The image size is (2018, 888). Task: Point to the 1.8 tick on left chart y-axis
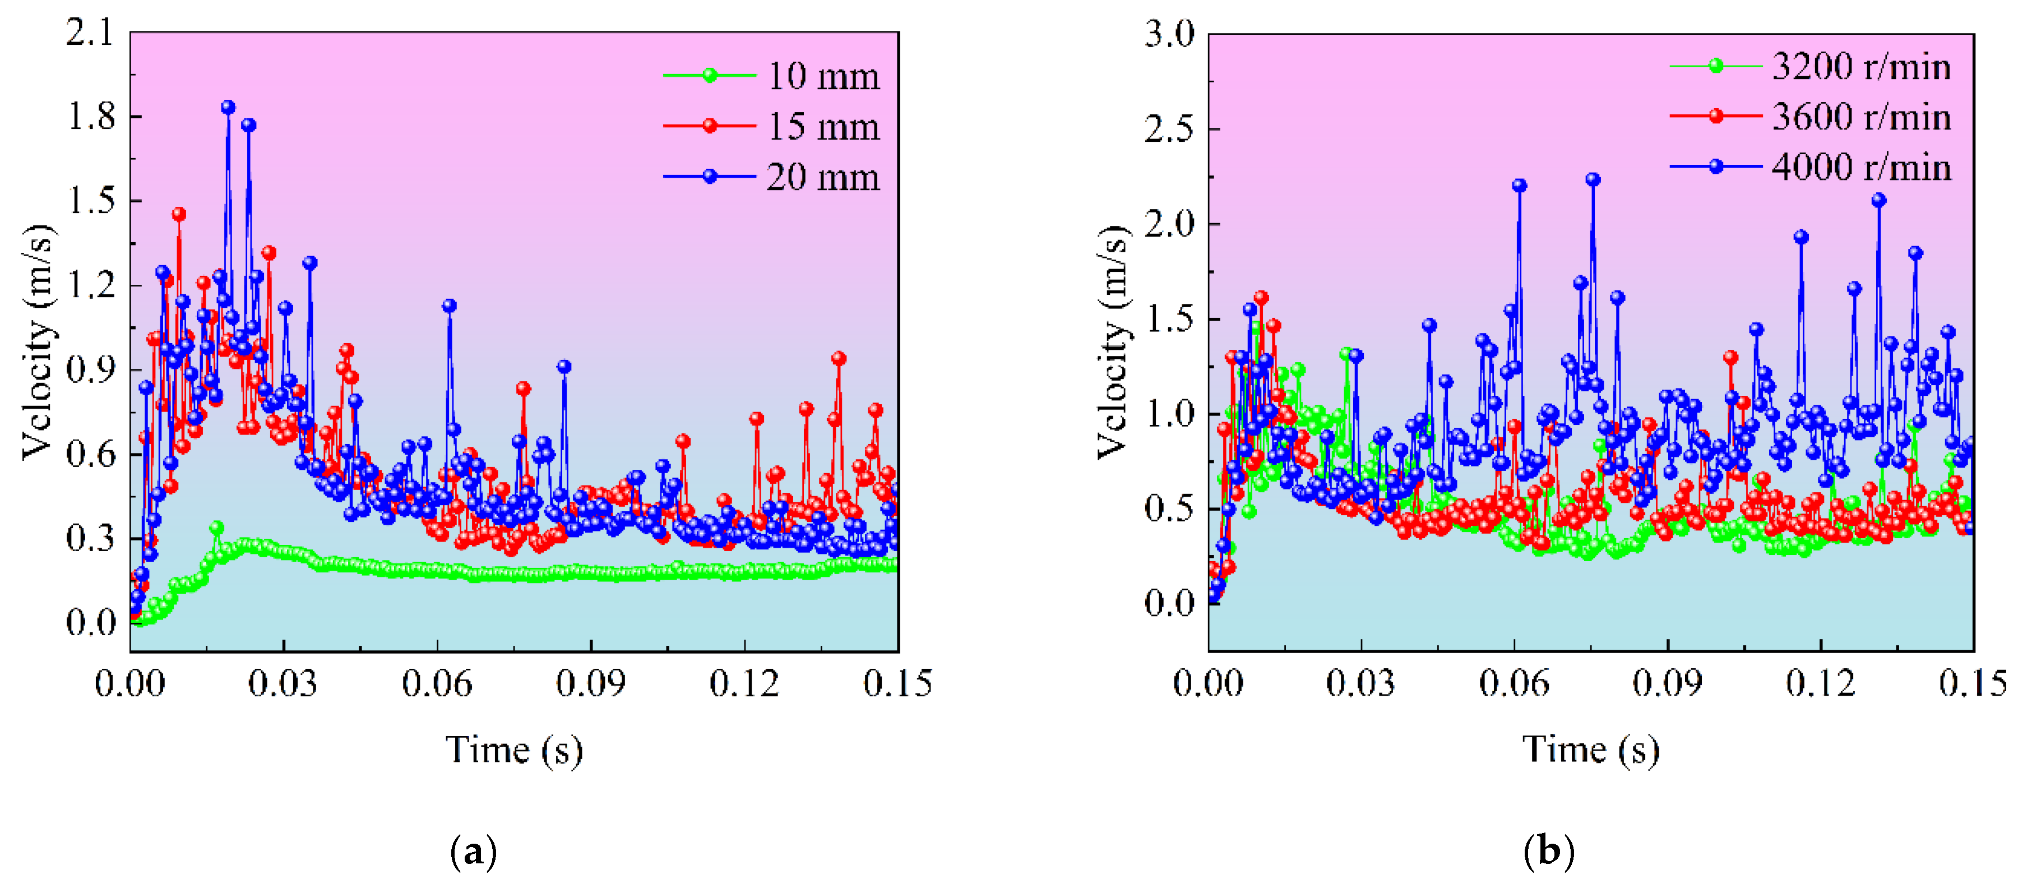point(91,117)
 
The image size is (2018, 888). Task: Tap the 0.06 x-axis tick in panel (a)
point(437,683)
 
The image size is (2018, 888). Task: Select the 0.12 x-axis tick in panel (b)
point(1821,683)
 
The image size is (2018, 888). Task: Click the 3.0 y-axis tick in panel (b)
point(1169,35)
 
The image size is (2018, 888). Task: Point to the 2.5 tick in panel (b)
point(1169,129)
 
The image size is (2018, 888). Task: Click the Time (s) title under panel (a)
point(514,750)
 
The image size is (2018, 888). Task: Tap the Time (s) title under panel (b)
point(1590,750)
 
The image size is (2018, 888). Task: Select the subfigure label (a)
point(474,851)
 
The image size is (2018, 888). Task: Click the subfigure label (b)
point(1549,851)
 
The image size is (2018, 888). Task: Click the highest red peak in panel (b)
point(1261,298)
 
